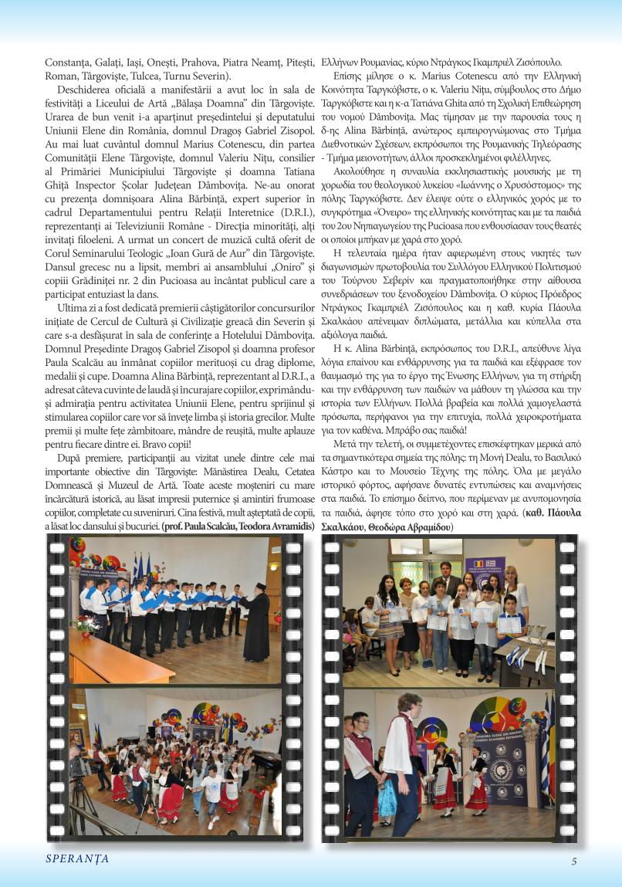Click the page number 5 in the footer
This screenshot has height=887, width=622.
573,862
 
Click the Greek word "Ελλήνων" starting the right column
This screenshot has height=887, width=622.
340,62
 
